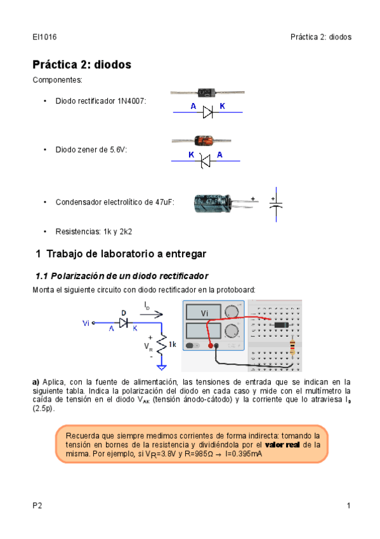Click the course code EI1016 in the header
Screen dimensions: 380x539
[x=44, y=37]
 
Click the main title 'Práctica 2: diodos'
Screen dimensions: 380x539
[x=82, y=65]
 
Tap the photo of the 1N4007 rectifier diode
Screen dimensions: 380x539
[x=207, y=92]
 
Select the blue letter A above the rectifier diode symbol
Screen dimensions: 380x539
[x=193, y=106]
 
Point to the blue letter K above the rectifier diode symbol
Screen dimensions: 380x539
[x=222, y=106]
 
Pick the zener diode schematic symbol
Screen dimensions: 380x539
[x=205, y=161]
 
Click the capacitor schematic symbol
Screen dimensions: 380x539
[x=276, y=205]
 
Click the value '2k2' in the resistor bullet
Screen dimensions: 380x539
[x=126, y=232]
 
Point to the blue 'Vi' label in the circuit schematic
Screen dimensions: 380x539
[x=86, y=323]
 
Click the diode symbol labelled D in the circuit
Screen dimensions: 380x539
[x=124, y=323]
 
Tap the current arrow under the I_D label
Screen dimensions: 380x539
[x=151, y=314]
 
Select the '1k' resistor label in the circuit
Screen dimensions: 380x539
[x=172, y=344]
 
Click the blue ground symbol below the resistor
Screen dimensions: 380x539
[x=162, y=367]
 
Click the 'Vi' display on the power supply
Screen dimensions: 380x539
[x=204, y=313]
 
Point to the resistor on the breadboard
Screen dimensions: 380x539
[x=292, y=347]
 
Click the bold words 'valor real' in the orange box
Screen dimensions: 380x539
[x=282, y=445]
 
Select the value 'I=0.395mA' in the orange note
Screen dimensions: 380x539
[x=244, y=454]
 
